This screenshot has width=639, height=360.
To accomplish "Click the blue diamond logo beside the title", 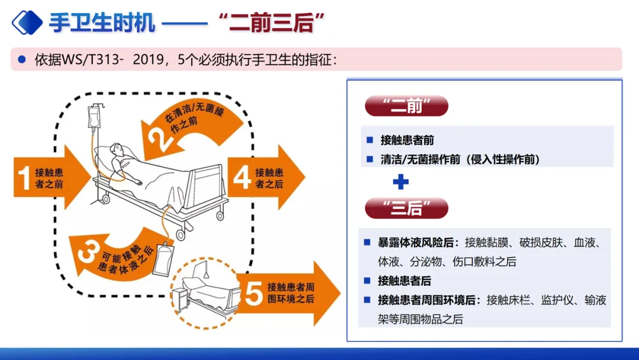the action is click(x=27, y=22).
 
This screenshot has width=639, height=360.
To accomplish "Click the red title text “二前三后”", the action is click(x=272, y=22).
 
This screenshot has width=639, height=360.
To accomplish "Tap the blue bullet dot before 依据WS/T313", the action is click(x=22, y=60).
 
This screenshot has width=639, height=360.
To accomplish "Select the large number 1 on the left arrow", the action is click(x=24, y=178).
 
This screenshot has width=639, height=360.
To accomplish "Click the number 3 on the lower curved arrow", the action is click(x=89, y=252).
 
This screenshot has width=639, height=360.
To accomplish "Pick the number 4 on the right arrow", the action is click(x=241, y=178).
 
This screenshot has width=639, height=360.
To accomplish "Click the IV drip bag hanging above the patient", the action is click(x=95, y=117).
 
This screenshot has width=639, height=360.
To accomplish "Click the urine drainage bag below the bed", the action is click(x=164, y=259).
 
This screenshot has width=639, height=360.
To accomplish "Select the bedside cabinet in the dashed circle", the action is click(x=179, y=299).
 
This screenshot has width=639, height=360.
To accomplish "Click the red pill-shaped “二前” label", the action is click(x=406, y=106).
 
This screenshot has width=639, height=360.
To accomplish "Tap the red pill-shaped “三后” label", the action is click(x=406, y=208).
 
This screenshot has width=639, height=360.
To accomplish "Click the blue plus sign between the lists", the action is click(x=401, y=182).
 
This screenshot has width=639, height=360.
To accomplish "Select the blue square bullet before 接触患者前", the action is click(x=370, y=140).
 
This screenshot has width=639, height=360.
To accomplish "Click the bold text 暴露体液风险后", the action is click(x=415, y=243).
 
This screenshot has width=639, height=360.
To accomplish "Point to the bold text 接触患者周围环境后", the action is click(x=426, y=300).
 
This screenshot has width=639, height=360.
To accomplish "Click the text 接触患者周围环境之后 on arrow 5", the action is click(x=291, y=292).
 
